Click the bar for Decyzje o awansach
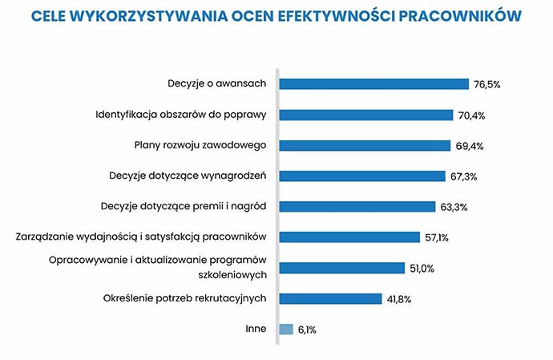tap(373, 84)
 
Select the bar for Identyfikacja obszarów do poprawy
tap(365, 115)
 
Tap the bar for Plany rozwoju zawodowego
tap(365, 145)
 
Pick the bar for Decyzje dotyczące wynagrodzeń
tap(361, 176)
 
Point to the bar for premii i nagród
tap(357, 206)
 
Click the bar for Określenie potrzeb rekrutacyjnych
tap(329, 298)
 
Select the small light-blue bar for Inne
tap(286, 329)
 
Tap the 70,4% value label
tap(472, 115)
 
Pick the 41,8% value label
tap(400, 299)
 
